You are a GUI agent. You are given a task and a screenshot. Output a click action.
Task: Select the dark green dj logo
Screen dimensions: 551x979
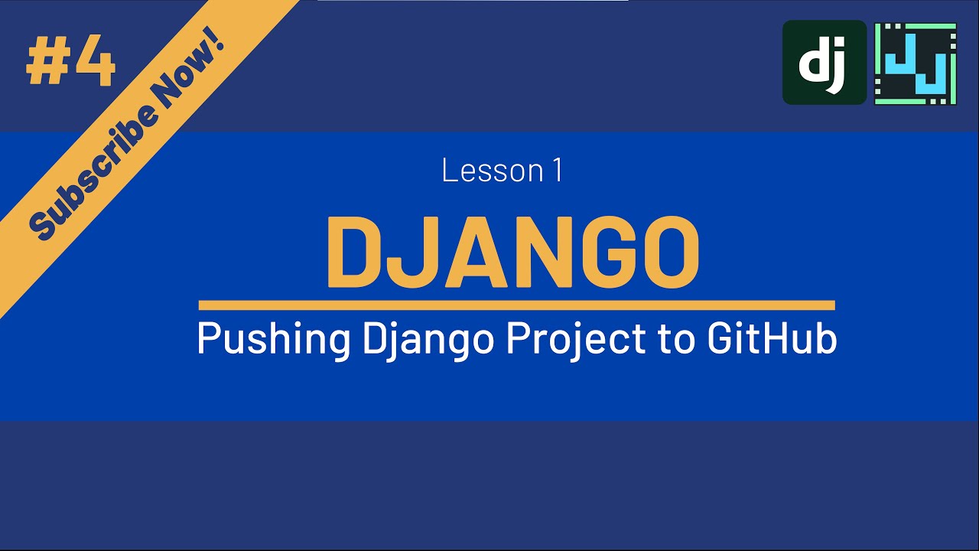[824, 62]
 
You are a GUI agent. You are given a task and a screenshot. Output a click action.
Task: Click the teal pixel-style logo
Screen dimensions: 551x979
[916, 63]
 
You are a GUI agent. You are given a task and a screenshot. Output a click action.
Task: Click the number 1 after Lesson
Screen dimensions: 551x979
[558, 171]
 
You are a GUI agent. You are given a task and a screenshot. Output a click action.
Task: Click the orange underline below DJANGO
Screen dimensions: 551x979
[516, 305]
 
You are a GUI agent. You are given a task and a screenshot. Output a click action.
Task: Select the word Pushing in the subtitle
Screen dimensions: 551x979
[273, 339]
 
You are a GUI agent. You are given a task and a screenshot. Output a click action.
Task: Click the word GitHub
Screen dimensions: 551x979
[772, 339]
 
